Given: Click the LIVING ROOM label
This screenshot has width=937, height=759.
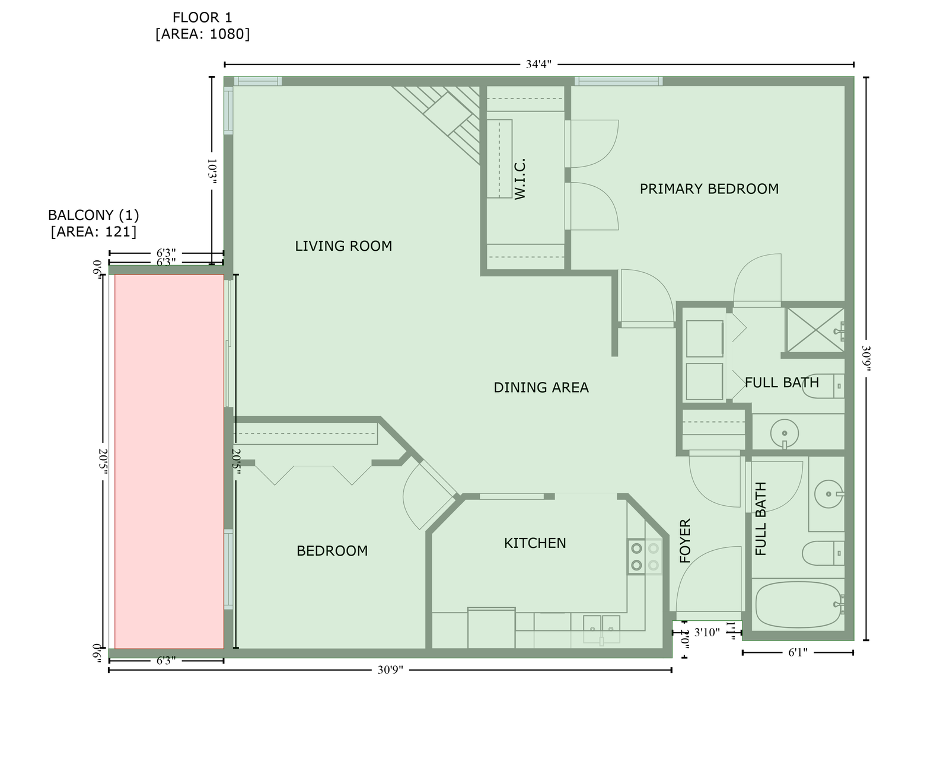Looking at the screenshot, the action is coord(343,246).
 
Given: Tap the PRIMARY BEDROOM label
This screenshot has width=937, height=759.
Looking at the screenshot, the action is coord(709,189).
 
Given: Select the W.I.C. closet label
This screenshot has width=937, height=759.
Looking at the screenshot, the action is coord(520,179).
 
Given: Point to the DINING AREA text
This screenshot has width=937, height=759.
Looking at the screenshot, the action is coord(541,387).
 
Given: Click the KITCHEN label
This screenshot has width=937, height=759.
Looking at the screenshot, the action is coord(534,543).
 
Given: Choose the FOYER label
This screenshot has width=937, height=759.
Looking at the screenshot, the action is coord(686,540).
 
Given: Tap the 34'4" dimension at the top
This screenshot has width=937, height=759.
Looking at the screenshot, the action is coord(538,65).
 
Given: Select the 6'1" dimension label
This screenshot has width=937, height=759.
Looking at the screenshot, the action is coord(798,652).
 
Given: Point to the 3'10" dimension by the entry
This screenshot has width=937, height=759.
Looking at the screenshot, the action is coord(706,632).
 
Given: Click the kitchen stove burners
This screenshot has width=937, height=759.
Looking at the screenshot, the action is coord(645,556).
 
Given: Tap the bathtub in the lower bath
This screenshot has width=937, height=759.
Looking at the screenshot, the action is coord(798,605).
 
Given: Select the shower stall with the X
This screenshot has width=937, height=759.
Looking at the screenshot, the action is coord(815,330).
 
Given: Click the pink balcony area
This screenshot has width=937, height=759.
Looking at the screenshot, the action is coord(169,461).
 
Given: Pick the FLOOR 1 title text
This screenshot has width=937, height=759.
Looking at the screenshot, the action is coord(202,18).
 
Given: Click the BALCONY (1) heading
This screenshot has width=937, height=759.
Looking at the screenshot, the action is coord(93,215).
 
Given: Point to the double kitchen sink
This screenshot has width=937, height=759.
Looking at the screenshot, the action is coord(601,629).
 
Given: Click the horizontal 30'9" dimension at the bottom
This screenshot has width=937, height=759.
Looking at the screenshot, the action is coord(390,669).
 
